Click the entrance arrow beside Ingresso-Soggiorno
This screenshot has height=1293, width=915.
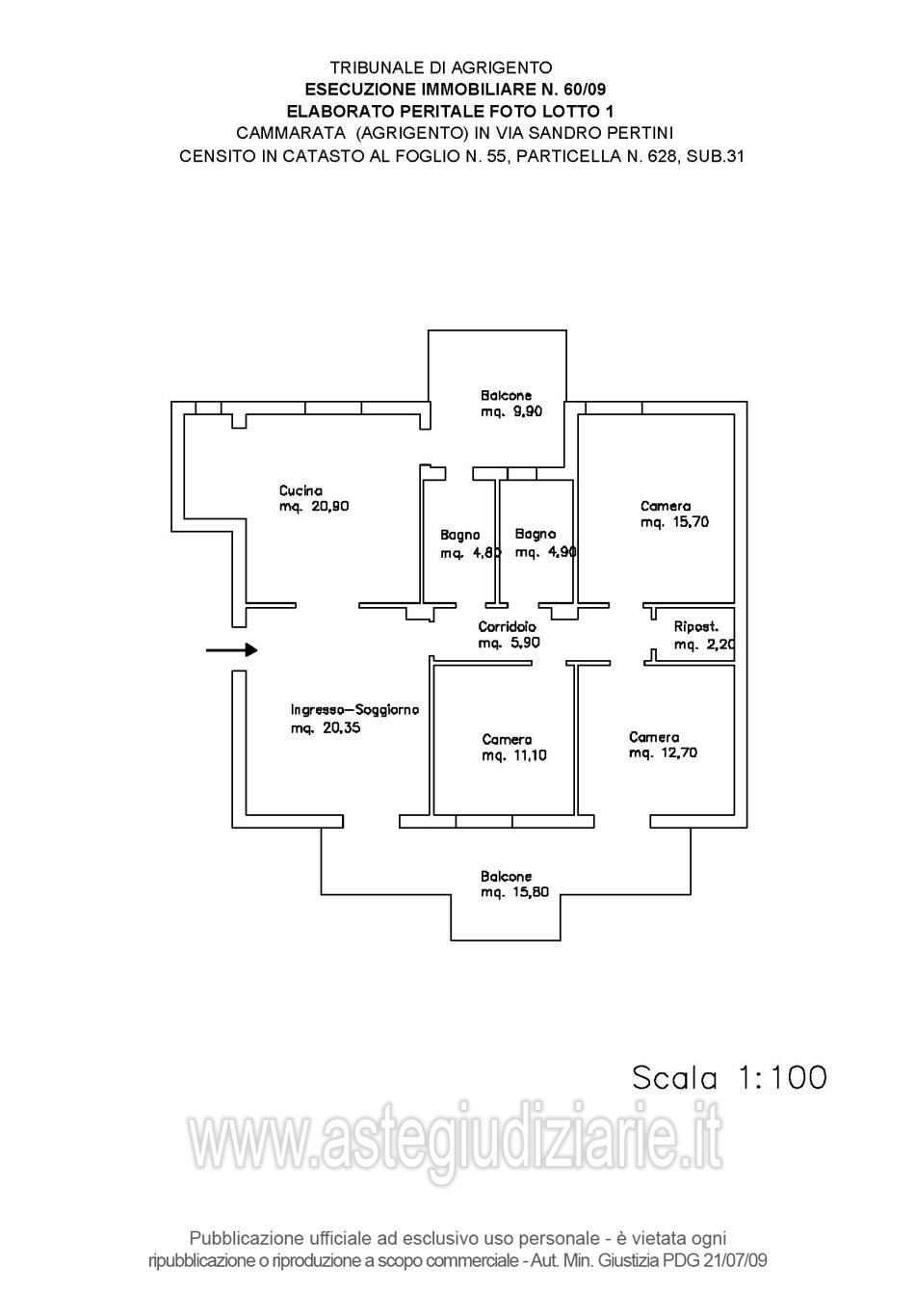pos(232,650)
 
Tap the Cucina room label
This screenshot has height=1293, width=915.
pos(301,490)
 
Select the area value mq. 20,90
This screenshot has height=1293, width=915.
pos(314,507)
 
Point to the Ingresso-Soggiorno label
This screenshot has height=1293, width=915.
pos(354,710)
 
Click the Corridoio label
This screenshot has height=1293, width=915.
pos(508,627)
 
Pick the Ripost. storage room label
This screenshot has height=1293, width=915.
pos(695,627)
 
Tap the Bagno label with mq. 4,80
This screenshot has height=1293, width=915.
pos(460,535)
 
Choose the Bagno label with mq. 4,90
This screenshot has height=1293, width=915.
pos(536,534)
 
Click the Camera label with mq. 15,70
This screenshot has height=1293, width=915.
pos(666,506)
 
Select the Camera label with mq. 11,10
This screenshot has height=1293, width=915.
pos(507,740)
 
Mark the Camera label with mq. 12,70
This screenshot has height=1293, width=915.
pos(654,737)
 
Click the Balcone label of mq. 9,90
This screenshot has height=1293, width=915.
pos(506,395)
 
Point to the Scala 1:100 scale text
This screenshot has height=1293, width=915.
pos(729,1077)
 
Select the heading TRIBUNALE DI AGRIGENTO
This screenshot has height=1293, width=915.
pos(441,67)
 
